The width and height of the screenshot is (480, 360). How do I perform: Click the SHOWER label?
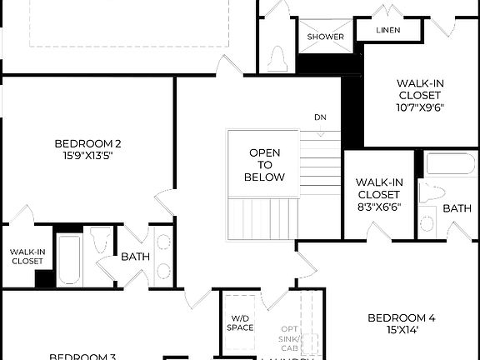325,37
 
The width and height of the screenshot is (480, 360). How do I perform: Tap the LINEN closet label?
387,30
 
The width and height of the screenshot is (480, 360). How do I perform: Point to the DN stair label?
321,117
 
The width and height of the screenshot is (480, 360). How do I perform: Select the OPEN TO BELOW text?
264,165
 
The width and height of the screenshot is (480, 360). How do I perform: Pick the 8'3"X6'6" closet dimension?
379,206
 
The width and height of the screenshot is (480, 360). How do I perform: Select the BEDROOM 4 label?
402,317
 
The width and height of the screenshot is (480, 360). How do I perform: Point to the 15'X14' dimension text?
402,330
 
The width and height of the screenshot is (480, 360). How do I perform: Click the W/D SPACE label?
240,322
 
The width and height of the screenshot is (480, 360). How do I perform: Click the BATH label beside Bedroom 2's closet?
135,257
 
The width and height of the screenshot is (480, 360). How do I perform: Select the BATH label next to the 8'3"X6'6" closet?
456,208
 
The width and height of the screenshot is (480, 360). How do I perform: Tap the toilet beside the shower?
279,56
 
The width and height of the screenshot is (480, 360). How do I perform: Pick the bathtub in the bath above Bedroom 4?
450,163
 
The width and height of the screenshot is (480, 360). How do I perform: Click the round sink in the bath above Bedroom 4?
427,223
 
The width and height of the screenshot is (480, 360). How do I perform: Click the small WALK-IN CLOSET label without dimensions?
27,256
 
